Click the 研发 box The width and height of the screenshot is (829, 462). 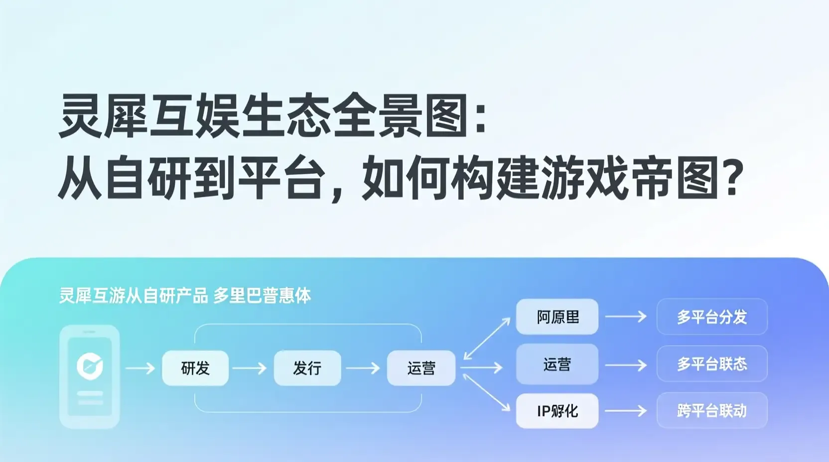pyautogui.click(x=195, y=368)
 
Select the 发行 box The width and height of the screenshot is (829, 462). pyautogui.click(x=307, y=368)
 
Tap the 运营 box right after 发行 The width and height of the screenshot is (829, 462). pyautogui.click(x=421, y=368)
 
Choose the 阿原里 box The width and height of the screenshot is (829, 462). pyautogui.click(x=557, y=317)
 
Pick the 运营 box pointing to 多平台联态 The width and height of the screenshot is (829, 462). pyautogui.click(x=557, y=364)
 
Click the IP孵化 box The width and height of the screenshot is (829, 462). pyautogui.click(x=557, y=411)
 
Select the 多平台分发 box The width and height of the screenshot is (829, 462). pyautogui.click(x=712, y=317)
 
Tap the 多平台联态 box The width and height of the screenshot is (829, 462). pyautogui.click(x=712, y=364)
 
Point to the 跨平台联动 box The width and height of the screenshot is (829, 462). pyautogui.click(x=712, y=411)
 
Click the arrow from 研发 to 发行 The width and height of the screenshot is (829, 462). pyautogui.click(x=250, y=368)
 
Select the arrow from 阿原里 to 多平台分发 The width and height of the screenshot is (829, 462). pyautogui.click(x=626, y=317)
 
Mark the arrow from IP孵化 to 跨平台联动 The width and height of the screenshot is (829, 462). pyautogui.click(x=626, y=411)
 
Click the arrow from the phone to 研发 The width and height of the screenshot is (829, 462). pyautogui.click(x=140, y=368)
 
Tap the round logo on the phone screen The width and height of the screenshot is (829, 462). pyautogui.click(x=90, y=366)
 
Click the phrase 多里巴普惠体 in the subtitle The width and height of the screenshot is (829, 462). pyautogui.click(x=262, y=296)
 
